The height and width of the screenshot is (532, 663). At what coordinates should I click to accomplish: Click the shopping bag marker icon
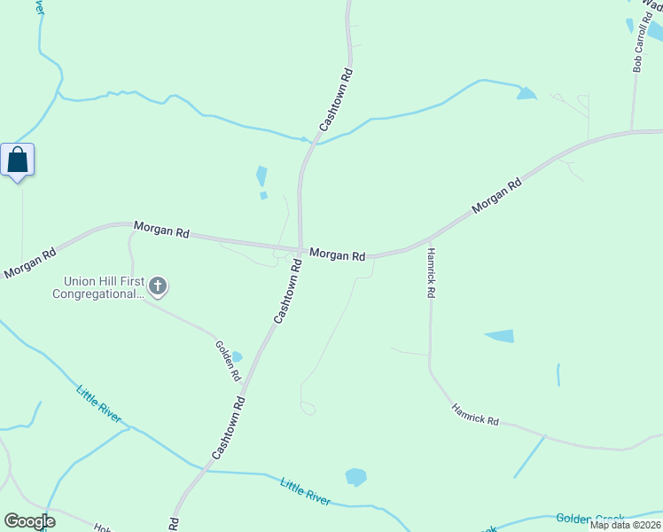(x=18, y=160)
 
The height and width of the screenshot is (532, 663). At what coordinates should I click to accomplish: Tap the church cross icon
(x=158, y=286)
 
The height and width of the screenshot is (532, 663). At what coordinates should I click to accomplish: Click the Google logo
(x=29, y=520)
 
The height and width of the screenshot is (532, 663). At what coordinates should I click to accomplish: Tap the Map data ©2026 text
(x=626, y=525)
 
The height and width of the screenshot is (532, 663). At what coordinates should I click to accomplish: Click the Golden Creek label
(x=589, y=519)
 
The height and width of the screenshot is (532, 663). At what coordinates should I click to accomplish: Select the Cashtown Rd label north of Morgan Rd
(x=337, y=100)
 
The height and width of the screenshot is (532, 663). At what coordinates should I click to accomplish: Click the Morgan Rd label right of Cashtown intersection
(x=338, y=255)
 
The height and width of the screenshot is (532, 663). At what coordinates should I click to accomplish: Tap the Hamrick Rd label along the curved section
(x=475, y=414)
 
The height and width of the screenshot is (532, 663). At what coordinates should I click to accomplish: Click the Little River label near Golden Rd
(x=98, y=403)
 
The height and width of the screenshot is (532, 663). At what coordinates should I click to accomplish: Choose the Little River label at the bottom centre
(x=306, y=491)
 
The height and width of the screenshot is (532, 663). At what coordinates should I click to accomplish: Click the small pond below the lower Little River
(x=355, y=477)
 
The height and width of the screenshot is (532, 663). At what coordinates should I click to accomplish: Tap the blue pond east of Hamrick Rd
(x=500, y=336)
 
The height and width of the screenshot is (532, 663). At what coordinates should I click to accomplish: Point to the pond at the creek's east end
(x=526, y=93)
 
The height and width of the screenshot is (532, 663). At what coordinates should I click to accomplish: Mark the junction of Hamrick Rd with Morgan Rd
(x=429, y=240)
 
